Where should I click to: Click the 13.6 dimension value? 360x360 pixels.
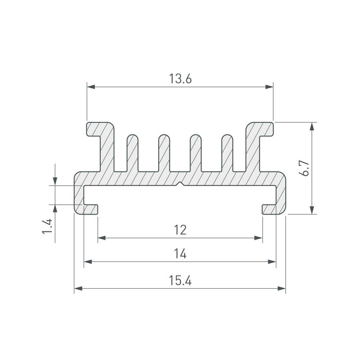(x=180, y=79)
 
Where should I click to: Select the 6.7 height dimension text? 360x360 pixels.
(x=305, y=168)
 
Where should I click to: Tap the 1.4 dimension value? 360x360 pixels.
(x=47, y=226)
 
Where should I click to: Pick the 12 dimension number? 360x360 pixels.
(x=180, y=230)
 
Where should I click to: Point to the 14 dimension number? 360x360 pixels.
(x=180, y=254)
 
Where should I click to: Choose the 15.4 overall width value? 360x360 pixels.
(x=180, y=280)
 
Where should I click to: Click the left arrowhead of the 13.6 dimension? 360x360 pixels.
(x=91, y=87)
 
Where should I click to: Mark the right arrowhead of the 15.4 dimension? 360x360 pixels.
(x=282, y=288)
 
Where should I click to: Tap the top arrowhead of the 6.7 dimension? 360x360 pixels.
(x=312, y=126)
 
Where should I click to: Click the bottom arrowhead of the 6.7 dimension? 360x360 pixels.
(x=312, y=210)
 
